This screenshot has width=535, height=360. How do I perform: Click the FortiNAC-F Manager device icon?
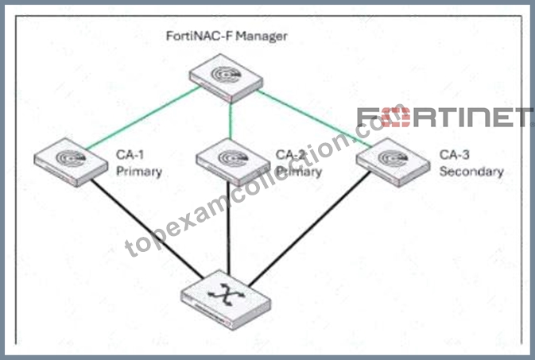[x=227, y=78]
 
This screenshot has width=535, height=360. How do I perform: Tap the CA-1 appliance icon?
[x=71, y=162]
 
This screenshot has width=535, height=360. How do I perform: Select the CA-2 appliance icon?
[x=233, y=162]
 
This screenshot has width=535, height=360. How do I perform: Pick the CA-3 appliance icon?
[x=393, y=162]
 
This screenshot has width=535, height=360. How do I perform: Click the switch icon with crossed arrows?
[x=226, y=300]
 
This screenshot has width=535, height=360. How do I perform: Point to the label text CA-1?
[x=130, y=155]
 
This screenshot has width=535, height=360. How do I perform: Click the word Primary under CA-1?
[x=139, y=172]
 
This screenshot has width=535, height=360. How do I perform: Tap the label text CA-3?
[x=454, y=155]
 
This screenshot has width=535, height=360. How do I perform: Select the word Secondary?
[x=471, y=172]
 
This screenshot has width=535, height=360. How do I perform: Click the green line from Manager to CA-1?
[x=142, y=118]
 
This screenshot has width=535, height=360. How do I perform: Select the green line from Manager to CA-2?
[x=231, y=121]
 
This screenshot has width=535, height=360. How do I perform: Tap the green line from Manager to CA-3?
[x=314, y=118]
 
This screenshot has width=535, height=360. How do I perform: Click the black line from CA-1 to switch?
[x=147, y=229]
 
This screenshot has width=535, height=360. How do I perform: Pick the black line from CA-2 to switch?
[x=229, y=227]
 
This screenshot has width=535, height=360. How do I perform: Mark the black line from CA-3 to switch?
[x=310, y=229]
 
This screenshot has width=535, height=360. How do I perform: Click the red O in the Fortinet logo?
[x=395, y=118]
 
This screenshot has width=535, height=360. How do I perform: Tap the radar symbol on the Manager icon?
[x=226, y=75]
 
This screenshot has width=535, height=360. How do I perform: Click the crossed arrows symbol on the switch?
[x=227, y=294]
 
